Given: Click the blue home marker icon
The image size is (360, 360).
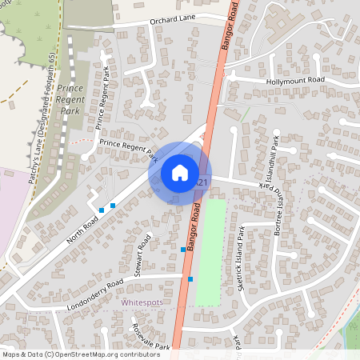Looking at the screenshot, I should [180, 173].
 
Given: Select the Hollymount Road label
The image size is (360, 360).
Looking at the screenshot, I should [295, 81].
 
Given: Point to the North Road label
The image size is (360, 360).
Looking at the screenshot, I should [82, 230].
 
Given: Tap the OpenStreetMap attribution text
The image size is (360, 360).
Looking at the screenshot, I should [70, 354].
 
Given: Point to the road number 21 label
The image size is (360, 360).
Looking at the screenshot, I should [202, 183].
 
